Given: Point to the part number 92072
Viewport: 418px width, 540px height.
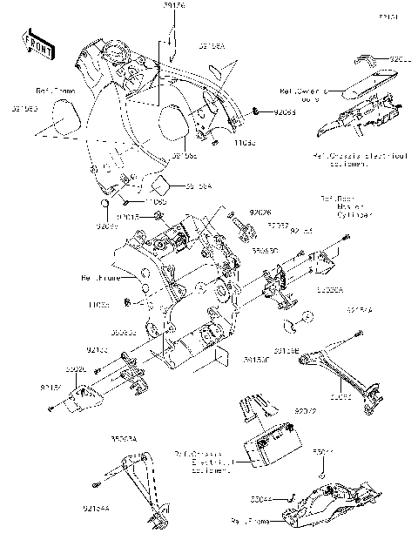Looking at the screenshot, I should coord(304,408).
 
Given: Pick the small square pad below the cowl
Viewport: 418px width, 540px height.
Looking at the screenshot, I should coord(159,185).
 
